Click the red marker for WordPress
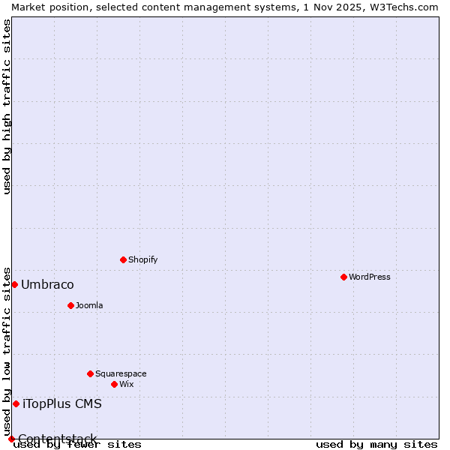343,277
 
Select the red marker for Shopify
123,259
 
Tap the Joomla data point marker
70,305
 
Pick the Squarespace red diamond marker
90,373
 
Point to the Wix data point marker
114,384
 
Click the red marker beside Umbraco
14,284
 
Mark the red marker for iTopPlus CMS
16,403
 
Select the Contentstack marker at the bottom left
11,439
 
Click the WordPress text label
370,277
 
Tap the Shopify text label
142,259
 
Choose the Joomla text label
89,305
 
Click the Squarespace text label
121,373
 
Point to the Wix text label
126,384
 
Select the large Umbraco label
47,284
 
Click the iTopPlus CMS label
62,403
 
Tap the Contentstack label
57,439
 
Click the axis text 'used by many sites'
376,444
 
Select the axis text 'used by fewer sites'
77,444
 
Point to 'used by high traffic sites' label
7,106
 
